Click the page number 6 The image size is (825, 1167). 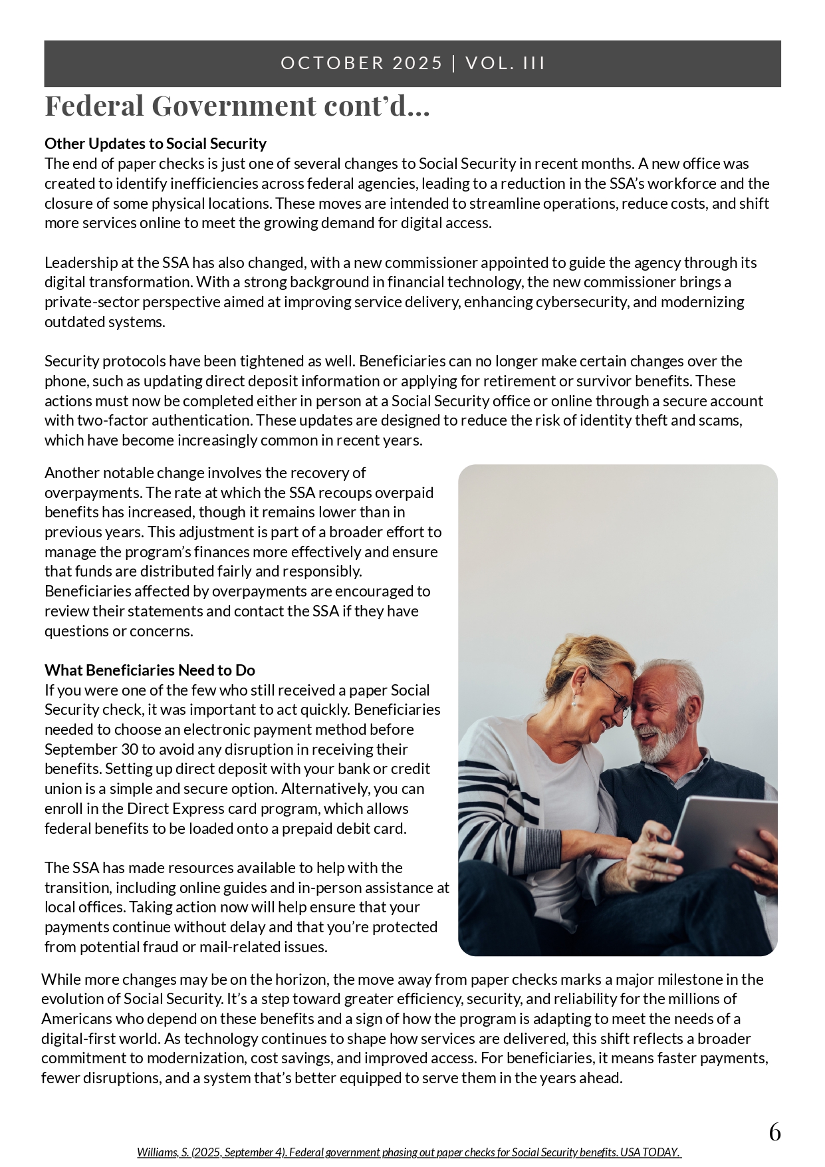click(774, 1132)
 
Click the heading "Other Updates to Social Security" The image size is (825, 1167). click(156, 144)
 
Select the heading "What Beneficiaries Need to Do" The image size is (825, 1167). click(150, 670)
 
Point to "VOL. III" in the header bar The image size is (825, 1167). click(505, 63)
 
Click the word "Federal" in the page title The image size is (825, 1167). click(94, 106)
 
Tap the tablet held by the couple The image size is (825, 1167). click(721, 835)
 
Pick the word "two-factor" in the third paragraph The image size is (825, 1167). click(112, 420)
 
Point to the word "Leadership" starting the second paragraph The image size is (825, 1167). click(80, 263)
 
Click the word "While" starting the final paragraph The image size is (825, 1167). click(60, 979)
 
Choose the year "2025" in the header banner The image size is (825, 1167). click(417, 63)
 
